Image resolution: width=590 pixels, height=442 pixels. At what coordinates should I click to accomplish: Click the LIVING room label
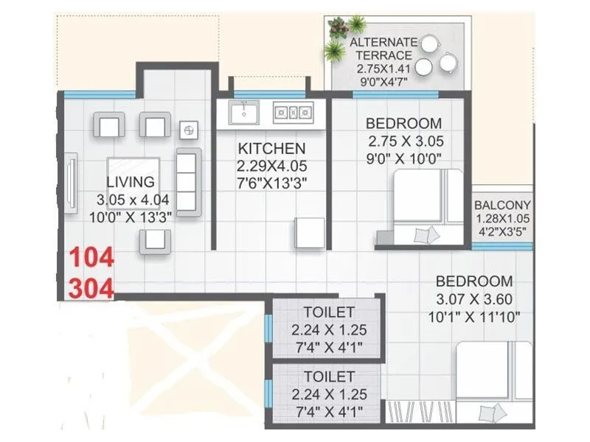coord(130,182)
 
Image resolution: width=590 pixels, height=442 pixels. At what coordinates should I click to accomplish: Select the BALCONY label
coord(503,205)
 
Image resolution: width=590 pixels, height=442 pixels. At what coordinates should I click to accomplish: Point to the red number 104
coord(92,259)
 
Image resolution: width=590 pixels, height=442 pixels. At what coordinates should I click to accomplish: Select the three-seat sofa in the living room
coord(190,180)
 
